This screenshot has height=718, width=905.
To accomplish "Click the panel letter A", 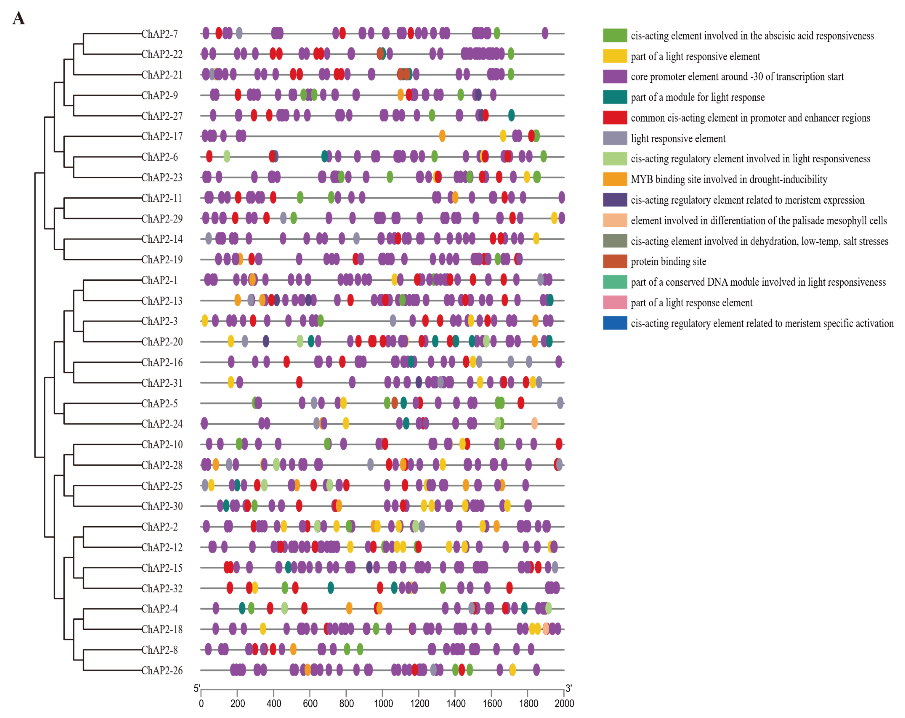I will click(19, 19).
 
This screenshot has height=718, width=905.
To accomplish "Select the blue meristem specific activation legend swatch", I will click(615, 323).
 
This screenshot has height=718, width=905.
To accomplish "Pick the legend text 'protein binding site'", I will click(668, 261).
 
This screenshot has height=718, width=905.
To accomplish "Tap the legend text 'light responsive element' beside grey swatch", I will click(678, 138).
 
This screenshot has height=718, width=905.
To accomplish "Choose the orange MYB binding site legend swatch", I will click(615, 179).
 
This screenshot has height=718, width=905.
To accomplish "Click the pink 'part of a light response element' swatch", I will click(615, 303).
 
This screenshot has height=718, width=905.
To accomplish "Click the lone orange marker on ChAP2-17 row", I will click(442, 136).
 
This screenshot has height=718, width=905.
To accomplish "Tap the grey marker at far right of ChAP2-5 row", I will click(560, 403).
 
